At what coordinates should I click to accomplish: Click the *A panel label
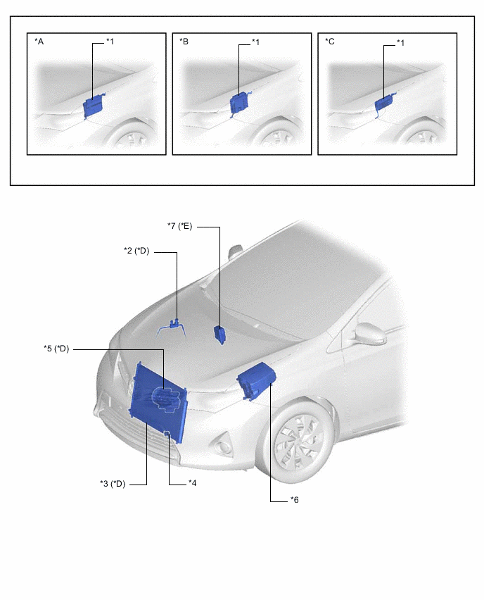[x=39, y=42]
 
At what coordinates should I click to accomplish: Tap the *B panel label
[x=184, y=42]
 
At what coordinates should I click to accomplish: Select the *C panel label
[x=329, y=42]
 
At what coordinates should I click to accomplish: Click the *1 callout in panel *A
[x=110, y=42]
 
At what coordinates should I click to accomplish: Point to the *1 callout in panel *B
[x=255, y=42]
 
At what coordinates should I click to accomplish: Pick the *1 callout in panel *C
[x=400, y=43]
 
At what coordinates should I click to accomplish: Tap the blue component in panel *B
[x=240, y=104]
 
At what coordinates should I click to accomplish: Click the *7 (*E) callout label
[x=179, y=226]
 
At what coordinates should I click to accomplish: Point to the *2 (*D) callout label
[x=136, y=251]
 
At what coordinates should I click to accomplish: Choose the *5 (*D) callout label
[x=56, y=349]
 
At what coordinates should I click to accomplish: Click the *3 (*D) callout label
[x=113, y=484]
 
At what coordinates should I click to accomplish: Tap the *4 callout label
[x=193, y=483]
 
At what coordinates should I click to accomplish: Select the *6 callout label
[x=294, y=500]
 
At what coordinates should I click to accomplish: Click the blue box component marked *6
[x=256, y=380]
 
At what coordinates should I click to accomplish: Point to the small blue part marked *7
[x=219, y=334]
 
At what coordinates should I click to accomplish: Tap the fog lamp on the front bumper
[x=222, y=446]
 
